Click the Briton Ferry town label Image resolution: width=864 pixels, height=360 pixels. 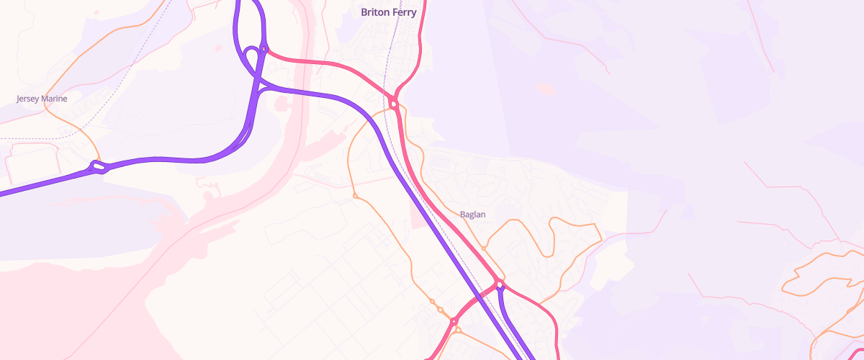(388, 12)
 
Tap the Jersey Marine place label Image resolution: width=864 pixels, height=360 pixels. (42, 99)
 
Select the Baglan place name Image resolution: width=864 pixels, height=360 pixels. (472, 215)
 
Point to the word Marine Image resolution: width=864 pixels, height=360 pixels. (54, 99)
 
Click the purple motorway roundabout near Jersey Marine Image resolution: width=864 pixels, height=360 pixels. (99, 168)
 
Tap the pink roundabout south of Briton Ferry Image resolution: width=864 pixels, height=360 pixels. (393, 104)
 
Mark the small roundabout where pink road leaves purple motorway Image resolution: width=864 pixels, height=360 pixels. (264, 50)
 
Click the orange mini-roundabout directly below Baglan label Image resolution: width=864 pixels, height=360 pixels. (484, 248)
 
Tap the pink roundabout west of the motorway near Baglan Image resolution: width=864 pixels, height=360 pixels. (454, 321)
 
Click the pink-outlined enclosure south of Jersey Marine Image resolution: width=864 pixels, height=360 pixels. (29, 162)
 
